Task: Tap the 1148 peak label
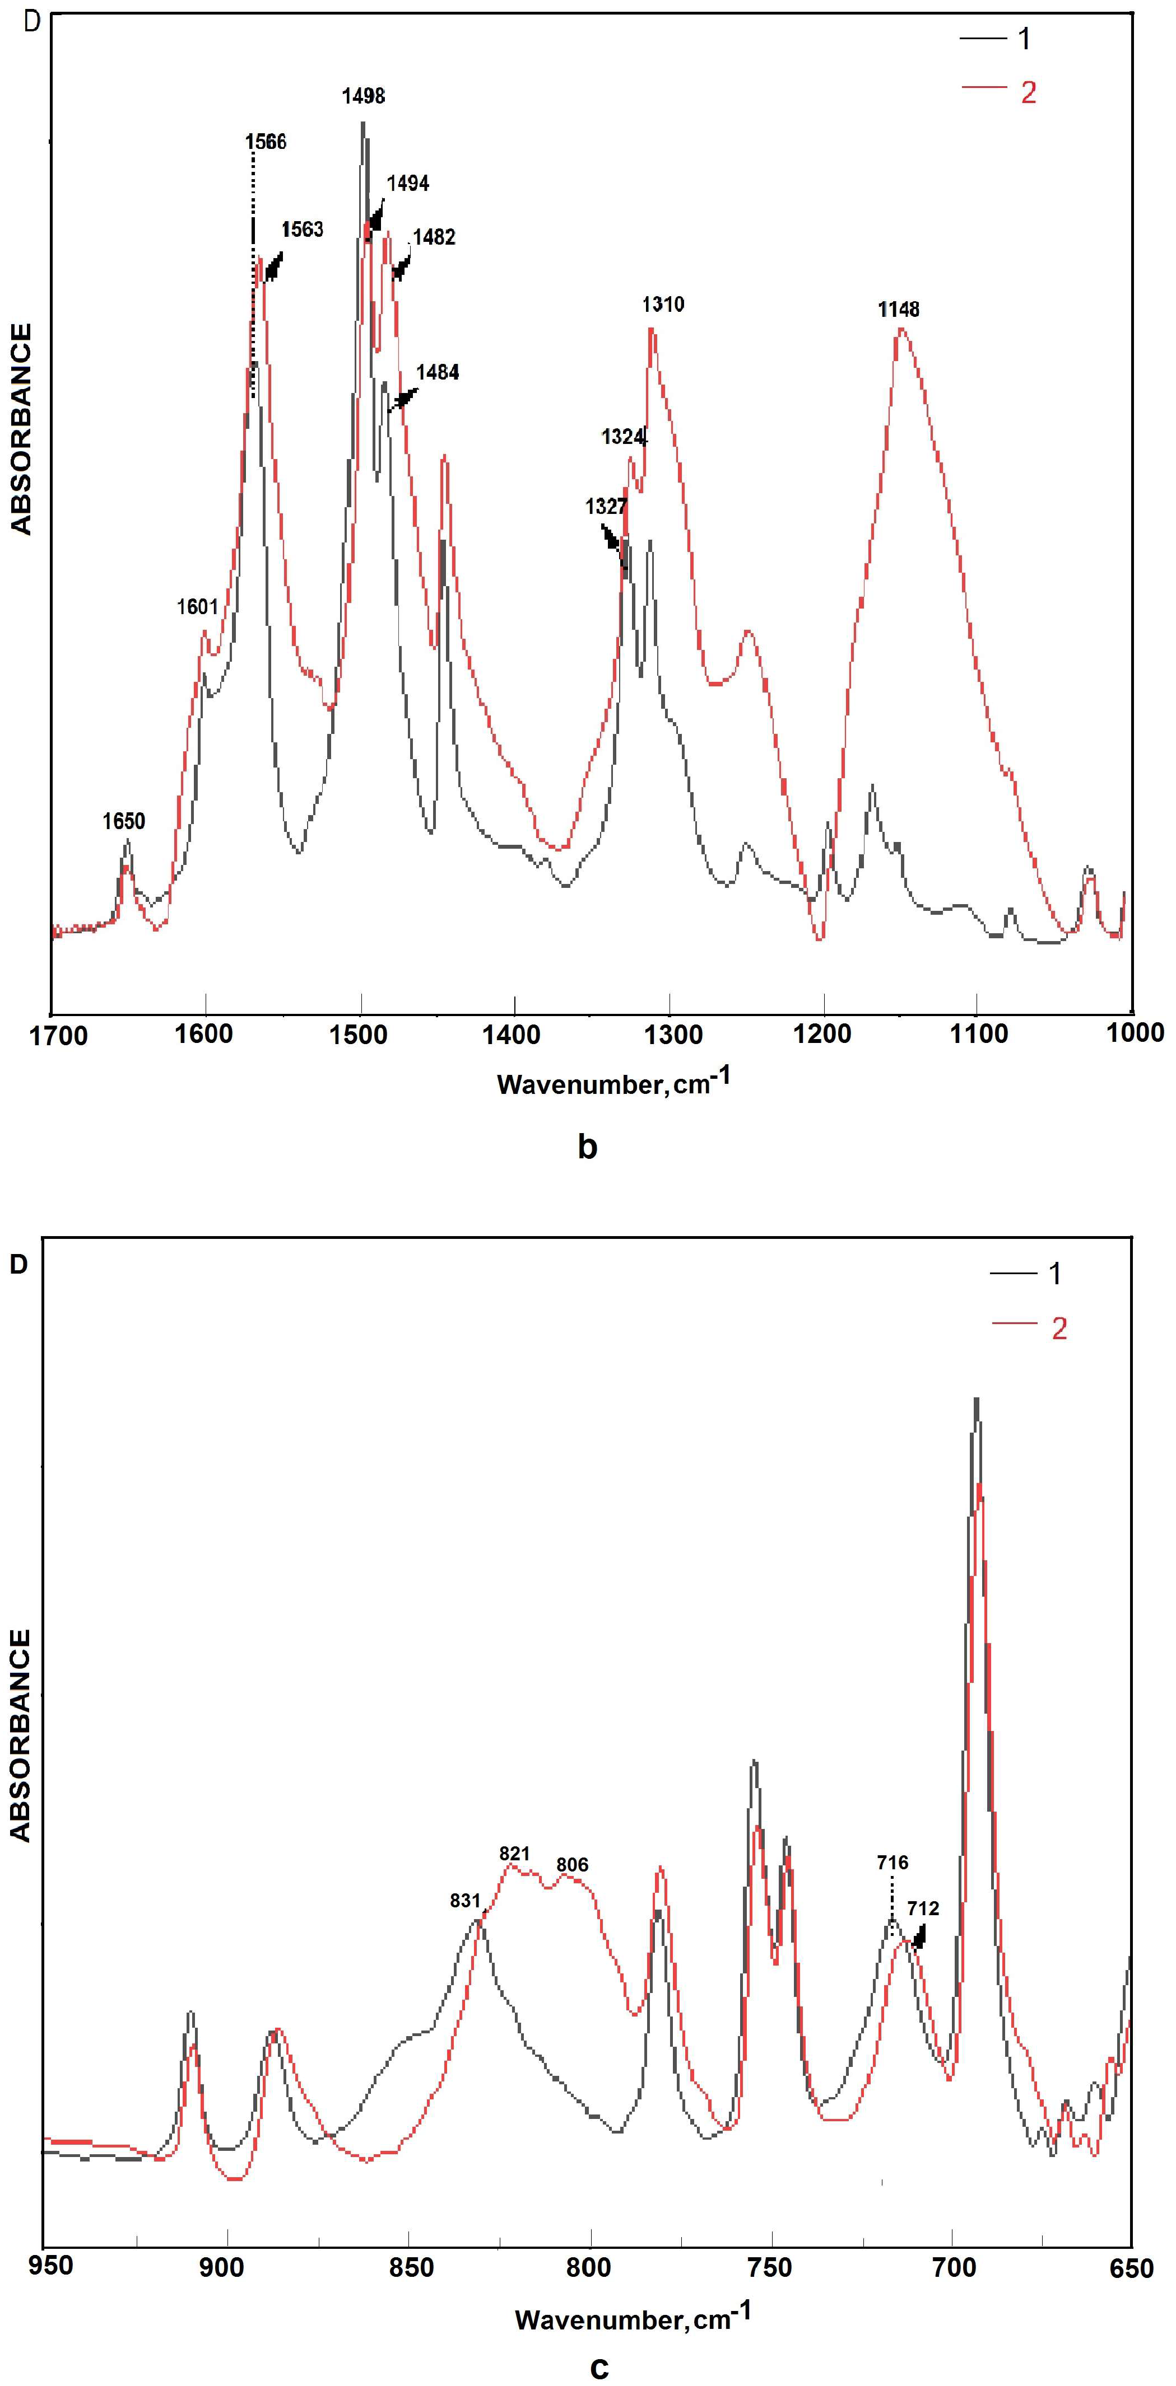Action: coord(899,310)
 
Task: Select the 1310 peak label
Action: coord(663,304)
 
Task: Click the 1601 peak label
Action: coord(197,607)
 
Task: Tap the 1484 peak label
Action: coord(438,372)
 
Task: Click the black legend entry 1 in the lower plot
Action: coord(1054,1274)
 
